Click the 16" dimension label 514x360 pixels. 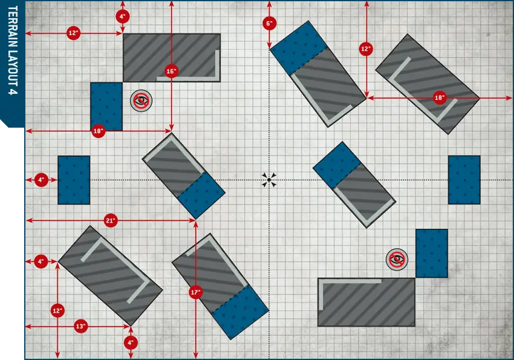pos(171,71)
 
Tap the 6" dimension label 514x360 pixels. pos(269,23)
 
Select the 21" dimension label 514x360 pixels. pos(111,221)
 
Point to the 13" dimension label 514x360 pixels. pos(80,326)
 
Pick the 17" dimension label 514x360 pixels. pos(195,292)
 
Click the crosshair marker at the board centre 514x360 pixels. pos(269,180)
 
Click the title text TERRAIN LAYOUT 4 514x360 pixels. pos(13,50)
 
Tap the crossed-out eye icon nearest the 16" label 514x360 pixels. pos(142,100)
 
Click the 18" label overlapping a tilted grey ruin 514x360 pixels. pos(439,97)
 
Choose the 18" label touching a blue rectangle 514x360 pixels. pos(98,131)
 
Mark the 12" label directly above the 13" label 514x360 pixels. pos(57,310)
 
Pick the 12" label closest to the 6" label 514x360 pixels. pos(366,49)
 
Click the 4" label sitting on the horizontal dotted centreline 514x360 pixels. pos(41,180)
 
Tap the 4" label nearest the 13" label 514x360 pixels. pos(131,342)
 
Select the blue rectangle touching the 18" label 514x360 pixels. pos(106,106)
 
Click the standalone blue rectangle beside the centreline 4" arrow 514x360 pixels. pos(74,180)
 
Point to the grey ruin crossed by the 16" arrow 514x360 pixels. pos(172,57)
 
